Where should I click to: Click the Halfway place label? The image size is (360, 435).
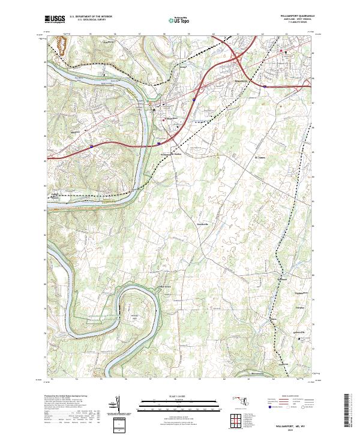(240, 79)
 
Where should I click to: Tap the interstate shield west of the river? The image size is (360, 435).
(91, 145)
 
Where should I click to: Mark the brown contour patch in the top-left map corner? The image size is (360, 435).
(61, 45)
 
